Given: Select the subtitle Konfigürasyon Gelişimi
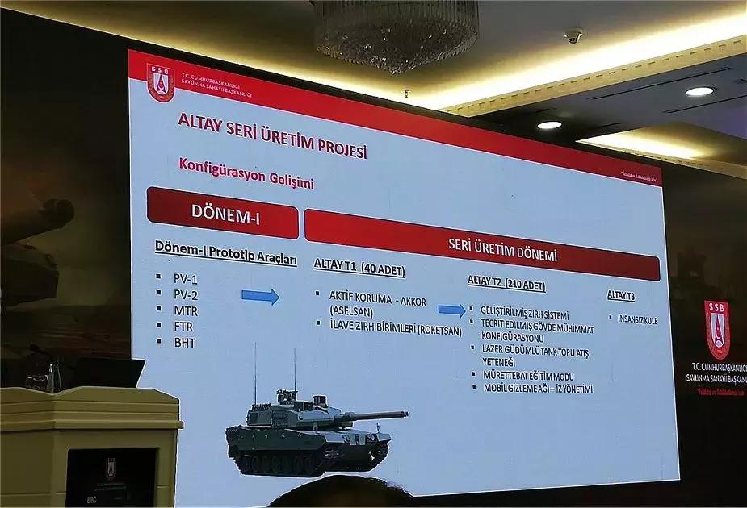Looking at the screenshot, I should coord(246,175).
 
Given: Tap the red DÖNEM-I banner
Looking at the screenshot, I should coord(222,213).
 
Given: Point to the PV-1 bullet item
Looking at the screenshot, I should coord(185,278).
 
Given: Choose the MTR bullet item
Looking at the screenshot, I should coord(185,310).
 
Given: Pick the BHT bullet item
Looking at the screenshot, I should coord(184,343).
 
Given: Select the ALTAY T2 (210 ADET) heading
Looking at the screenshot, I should coord(506,283).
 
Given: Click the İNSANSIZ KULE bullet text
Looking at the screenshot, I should coord(638,320).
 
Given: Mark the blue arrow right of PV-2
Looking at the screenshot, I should coord(260,296).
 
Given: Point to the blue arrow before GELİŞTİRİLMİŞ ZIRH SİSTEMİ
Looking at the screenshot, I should coord(451,310).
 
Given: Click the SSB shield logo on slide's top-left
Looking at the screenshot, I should coord(161,82).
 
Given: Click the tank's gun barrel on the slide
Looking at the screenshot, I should coord(375,416).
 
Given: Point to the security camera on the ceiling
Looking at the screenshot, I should coord(573,35).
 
